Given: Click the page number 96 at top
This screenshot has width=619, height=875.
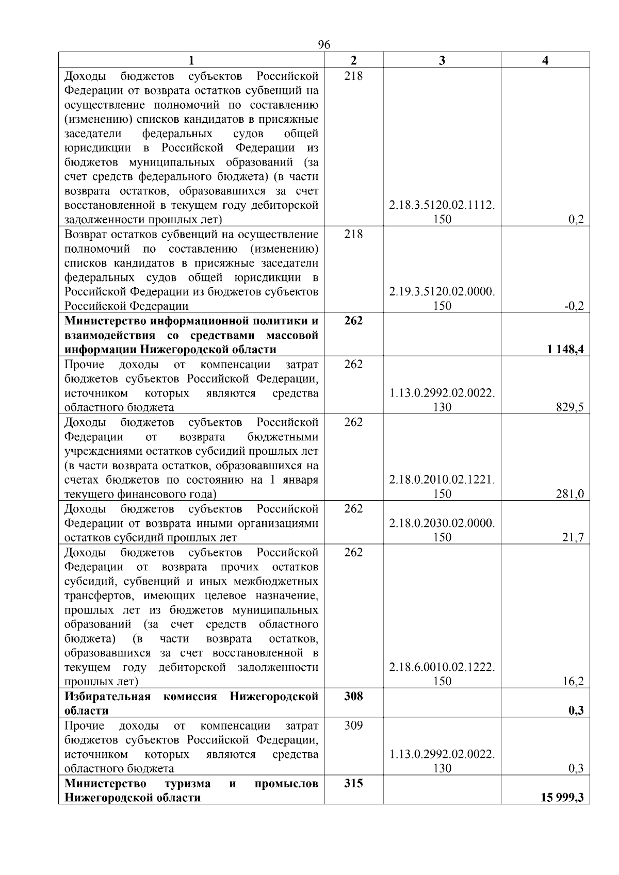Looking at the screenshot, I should (x=324, y=44).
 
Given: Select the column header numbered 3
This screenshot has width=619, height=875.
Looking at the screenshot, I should (x=442, y=60).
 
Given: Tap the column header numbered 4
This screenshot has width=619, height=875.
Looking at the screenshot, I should (x=545, y=60).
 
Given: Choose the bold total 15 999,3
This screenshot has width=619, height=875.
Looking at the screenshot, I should (x=562, y=798).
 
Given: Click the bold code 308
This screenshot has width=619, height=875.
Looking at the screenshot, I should (x=353, y=697).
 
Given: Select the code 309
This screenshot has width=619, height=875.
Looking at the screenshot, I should (x=353, y=725).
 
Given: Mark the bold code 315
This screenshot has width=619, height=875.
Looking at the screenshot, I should (x=353, y=783).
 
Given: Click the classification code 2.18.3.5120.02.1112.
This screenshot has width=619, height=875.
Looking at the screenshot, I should (x=442, y=205).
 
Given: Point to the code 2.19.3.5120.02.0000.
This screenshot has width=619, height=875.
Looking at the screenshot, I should (x=442, y=292).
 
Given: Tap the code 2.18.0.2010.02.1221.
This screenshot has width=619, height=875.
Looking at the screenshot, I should (x=442, y=480).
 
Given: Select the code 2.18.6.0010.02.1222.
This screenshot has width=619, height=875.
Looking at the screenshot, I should (x=442, y=667).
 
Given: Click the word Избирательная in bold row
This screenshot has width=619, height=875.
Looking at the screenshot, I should (x=107, y=697).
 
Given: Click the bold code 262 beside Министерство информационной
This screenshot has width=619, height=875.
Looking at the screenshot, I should (x=353, y=321).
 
